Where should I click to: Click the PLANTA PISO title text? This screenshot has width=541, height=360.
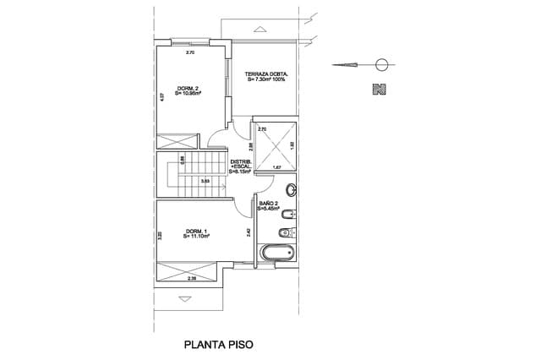pos(219,345)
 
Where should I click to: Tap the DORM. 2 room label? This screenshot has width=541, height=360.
pos(187,91)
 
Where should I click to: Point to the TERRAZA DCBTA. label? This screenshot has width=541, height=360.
pos(267,77)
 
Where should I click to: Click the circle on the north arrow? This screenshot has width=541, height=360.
pos(382,63)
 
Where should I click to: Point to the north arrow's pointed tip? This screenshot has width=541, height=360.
pos(334,63)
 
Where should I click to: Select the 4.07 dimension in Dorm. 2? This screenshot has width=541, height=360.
pos(161,96)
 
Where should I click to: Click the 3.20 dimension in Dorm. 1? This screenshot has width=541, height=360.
pos(161,237)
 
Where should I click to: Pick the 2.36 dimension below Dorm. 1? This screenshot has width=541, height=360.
pos(192,278)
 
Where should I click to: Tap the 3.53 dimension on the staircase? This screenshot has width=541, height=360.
pos(205,181)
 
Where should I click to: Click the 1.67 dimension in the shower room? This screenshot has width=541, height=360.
pos(276,167)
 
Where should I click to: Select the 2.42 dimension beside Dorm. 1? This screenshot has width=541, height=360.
pos(248,232)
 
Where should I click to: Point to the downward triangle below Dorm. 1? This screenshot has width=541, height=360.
pos(185,298)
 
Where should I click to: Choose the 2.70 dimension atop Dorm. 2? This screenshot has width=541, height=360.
pos(190,52)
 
